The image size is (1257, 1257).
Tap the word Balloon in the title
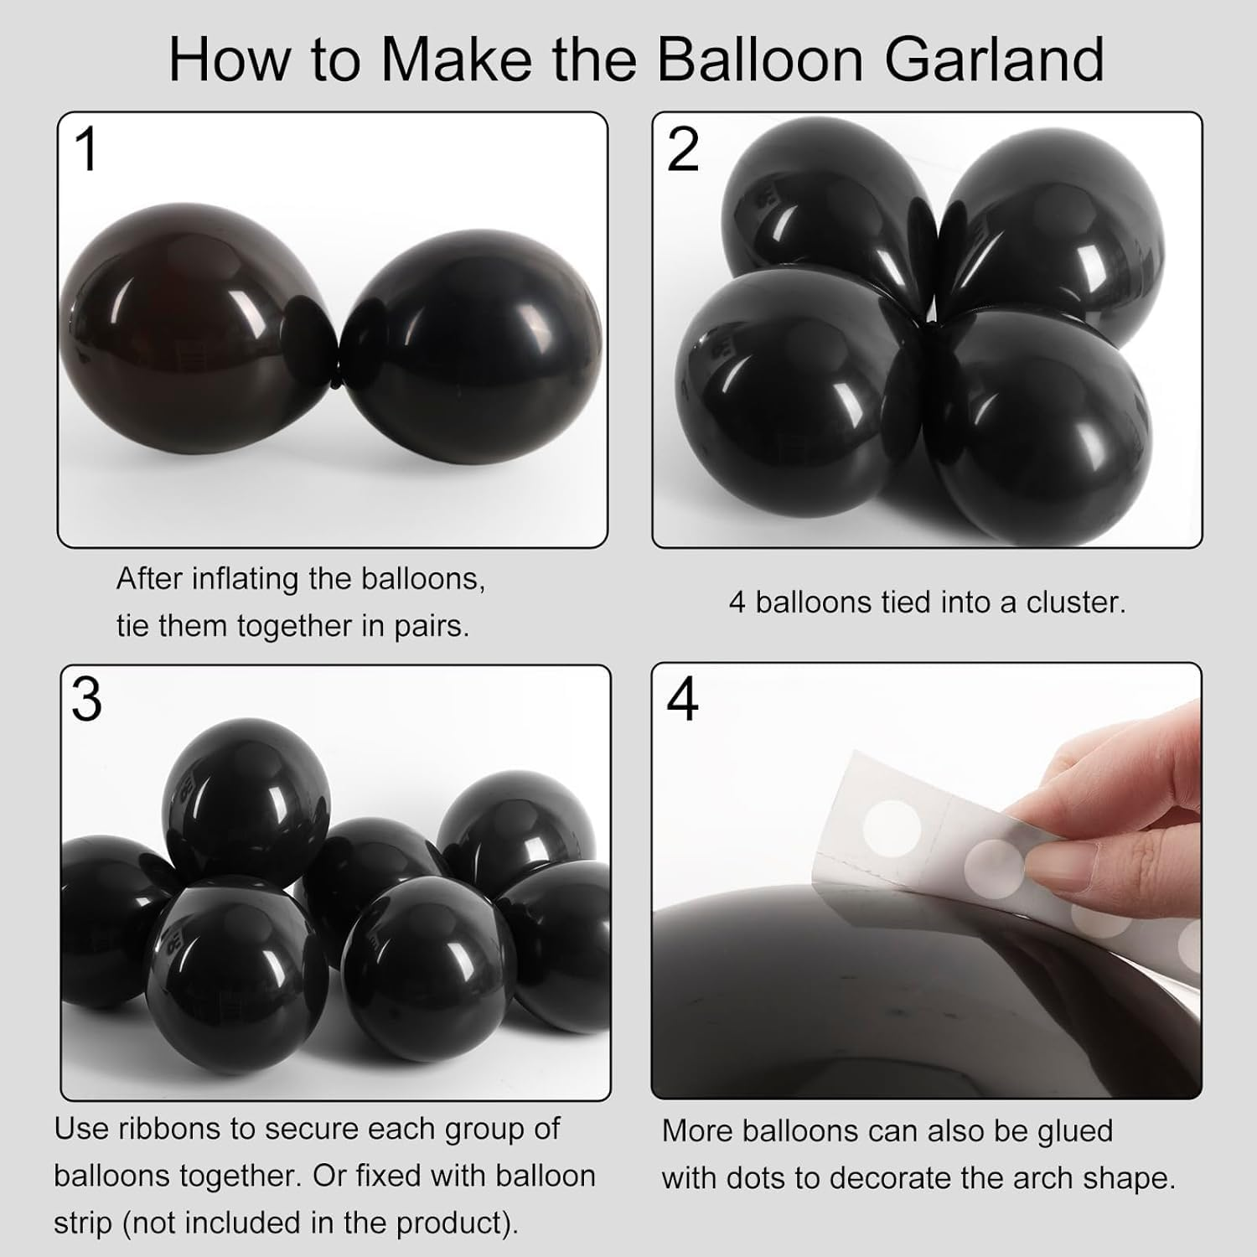pos(759,59)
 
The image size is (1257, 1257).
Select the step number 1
pos(86,151)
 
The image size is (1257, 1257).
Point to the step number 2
pos(682,151)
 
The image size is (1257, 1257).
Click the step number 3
pos(86,700)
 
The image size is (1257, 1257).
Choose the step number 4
pos(682,700)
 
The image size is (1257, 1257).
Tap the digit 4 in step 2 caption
pos(737,603)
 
